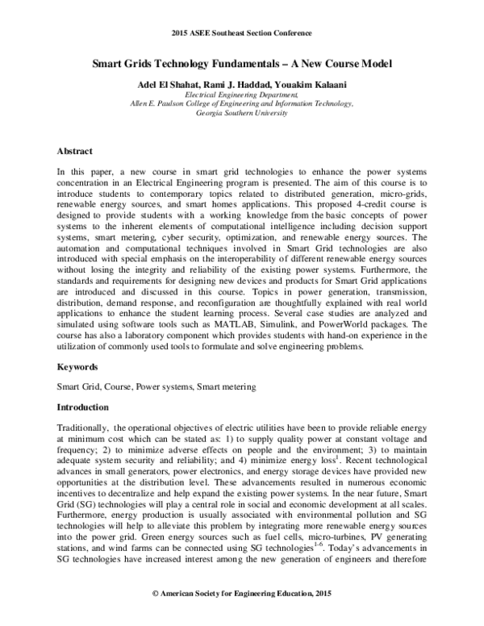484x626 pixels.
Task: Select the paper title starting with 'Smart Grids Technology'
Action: coord(242,63)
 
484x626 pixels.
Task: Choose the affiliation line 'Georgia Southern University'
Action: coord(242,115)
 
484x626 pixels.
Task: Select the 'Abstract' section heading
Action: coord(74,151)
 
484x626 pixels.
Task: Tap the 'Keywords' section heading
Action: coord(77,365)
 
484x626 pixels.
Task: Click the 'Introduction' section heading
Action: coord(85,407)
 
